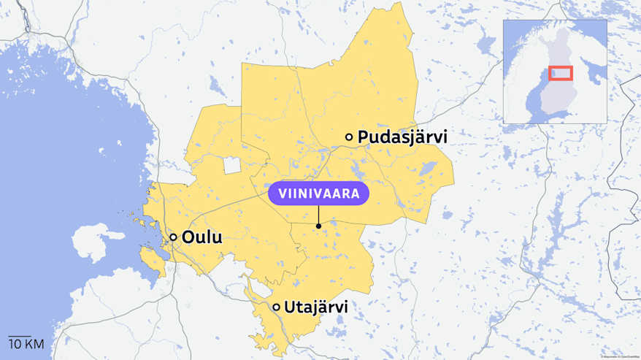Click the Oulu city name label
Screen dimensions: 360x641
(x=202, y=237)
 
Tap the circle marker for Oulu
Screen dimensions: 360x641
(x=173, y=237)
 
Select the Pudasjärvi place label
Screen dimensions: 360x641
(x=402, y=137)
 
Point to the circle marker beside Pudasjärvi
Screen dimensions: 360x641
(x=349, y=137)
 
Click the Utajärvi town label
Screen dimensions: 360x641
(x=315, y=307)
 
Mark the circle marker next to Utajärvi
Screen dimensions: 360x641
(x=277, y=307)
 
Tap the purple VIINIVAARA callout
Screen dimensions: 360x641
(x=318, y=194)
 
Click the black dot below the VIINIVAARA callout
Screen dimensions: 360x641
(x=318, y=226)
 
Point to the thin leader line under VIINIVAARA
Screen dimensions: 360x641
(x=318, y=215)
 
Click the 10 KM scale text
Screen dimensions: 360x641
(x=26, y=344)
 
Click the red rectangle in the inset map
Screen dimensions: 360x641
(x=561, y=73)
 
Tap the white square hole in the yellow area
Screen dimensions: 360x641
(x=232, y=165)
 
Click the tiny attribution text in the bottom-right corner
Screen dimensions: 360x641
(x=620, y=356)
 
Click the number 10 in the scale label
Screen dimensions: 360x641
(x=15, y=344)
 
